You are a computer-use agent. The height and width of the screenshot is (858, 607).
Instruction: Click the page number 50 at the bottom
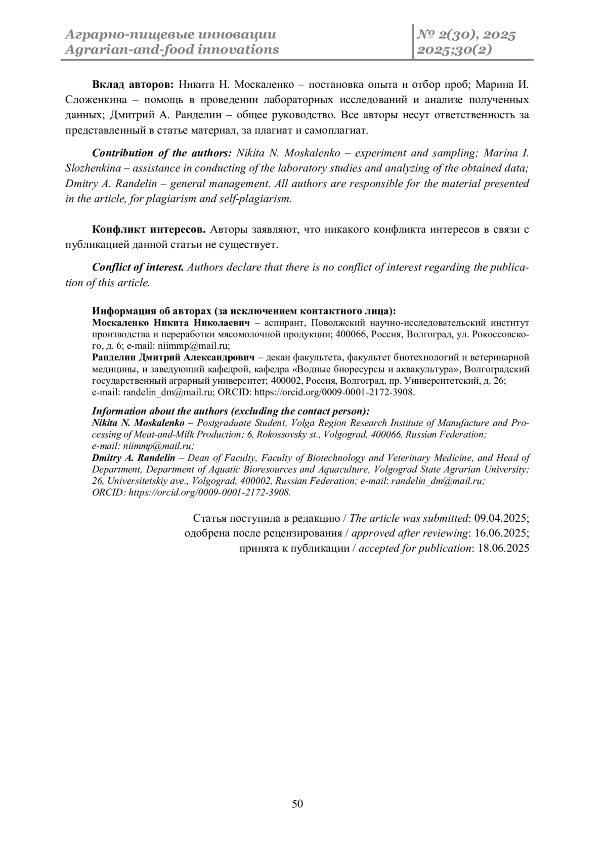pos(297,804)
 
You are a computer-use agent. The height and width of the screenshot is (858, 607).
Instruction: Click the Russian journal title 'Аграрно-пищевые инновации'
pos(171,35)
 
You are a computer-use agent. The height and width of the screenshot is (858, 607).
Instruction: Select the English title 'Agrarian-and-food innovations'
pos(172,50)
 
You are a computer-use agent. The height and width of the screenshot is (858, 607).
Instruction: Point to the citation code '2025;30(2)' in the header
pos(454,50)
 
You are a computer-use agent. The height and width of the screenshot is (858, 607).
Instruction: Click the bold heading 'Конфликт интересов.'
pos(148,230)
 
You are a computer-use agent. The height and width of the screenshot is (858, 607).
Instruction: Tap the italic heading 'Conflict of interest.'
pos(138,267)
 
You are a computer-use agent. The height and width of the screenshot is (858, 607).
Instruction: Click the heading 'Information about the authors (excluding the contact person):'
pos(231,411)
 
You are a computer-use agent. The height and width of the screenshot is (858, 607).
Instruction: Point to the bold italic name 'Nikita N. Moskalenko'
pos(138,423)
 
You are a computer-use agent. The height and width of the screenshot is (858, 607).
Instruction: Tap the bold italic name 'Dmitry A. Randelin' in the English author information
pos(134,458)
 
